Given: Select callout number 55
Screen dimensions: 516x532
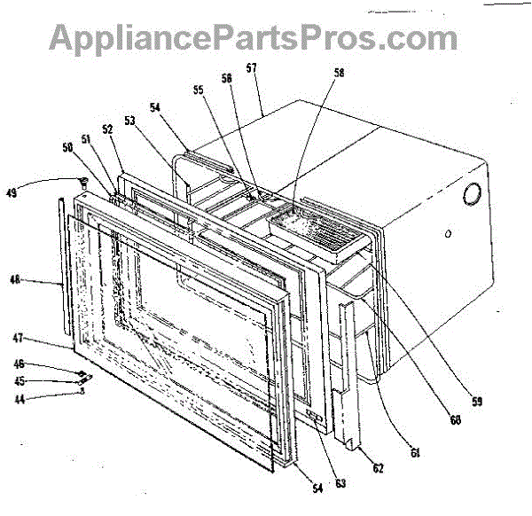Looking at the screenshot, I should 198,90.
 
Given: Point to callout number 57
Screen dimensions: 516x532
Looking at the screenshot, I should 251,67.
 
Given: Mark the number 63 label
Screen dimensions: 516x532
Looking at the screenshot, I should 340,484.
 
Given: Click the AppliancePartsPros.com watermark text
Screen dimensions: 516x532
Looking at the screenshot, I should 254,37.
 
